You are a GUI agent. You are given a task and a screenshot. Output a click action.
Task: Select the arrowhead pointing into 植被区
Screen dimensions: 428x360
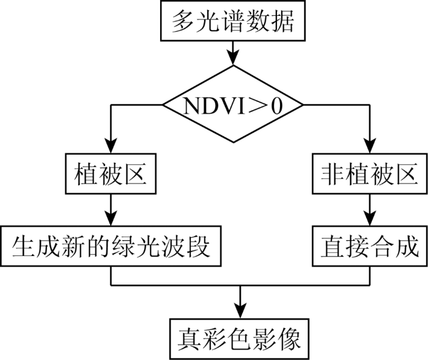point(111,145)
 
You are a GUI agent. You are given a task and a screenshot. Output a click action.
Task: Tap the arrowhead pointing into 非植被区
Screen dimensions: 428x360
point(370,145)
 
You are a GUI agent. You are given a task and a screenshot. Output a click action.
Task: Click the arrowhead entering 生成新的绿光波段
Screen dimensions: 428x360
point(111,218)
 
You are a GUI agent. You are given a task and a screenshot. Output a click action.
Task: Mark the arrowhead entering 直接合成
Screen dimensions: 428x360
point(370,218)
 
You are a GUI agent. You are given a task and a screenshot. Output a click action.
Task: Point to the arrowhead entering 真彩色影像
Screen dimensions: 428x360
point(240,310)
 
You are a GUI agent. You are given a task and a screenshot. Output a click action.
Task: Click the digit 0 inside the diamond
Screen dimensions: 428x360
point(276,106)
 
